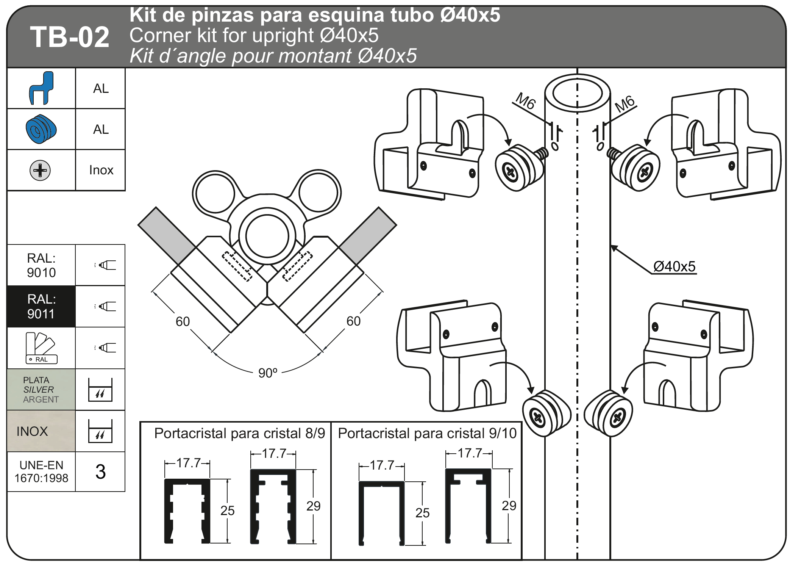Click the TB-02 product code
70,37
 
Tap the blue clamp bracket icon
41,88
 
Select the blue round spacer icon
41,129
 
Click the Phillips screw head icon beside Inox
40,170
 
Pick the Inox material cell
101,170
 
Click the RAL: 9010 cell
41,265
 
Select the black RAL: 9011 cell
41,306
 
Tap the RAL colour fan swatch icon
41,348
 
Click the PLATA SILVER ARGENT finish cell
41,389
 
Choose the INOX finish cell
41,431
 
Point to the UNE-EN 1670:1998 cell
41,471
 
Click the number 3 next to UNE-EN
100,472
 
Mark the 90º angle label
268,373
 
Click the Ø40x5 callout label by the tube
674,266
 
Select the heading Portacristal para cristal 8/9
240,433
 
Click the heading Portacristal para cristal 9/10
427,433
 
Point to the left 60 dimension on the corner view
183,321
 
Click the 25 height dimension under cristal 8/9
228,511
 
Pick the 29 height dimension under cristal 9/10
509,506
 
